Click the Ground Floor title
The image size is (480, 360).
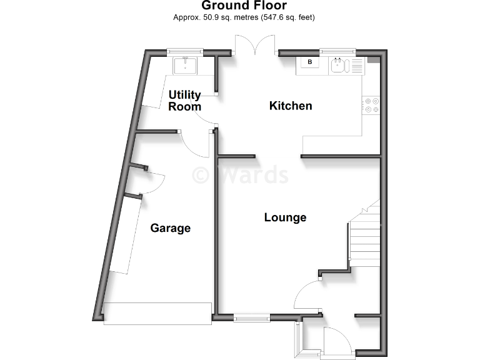tap(244, 6)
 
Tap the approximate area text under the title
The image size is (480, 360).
tap(244, 17)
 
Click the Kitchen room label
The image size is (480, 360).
tap(291, 106)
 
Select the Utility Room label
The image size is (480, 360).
tap(185, 101)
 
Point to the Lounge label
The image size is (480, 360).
tap(285, 217)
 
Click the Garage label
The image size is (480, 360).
tap(170, 228)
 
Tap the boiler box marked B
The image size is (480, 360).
tap(309, 62)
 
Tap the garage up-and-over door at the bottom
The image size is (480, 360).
tap(157, 313)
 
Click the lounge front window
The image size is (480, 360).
tap(252, 317)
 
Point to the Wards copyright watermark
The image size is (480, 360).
tap(240, 174)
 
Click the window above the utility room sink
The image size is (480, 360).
tap(186, 52)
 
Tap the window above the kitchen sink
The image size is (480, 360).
tap(337, 52)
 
